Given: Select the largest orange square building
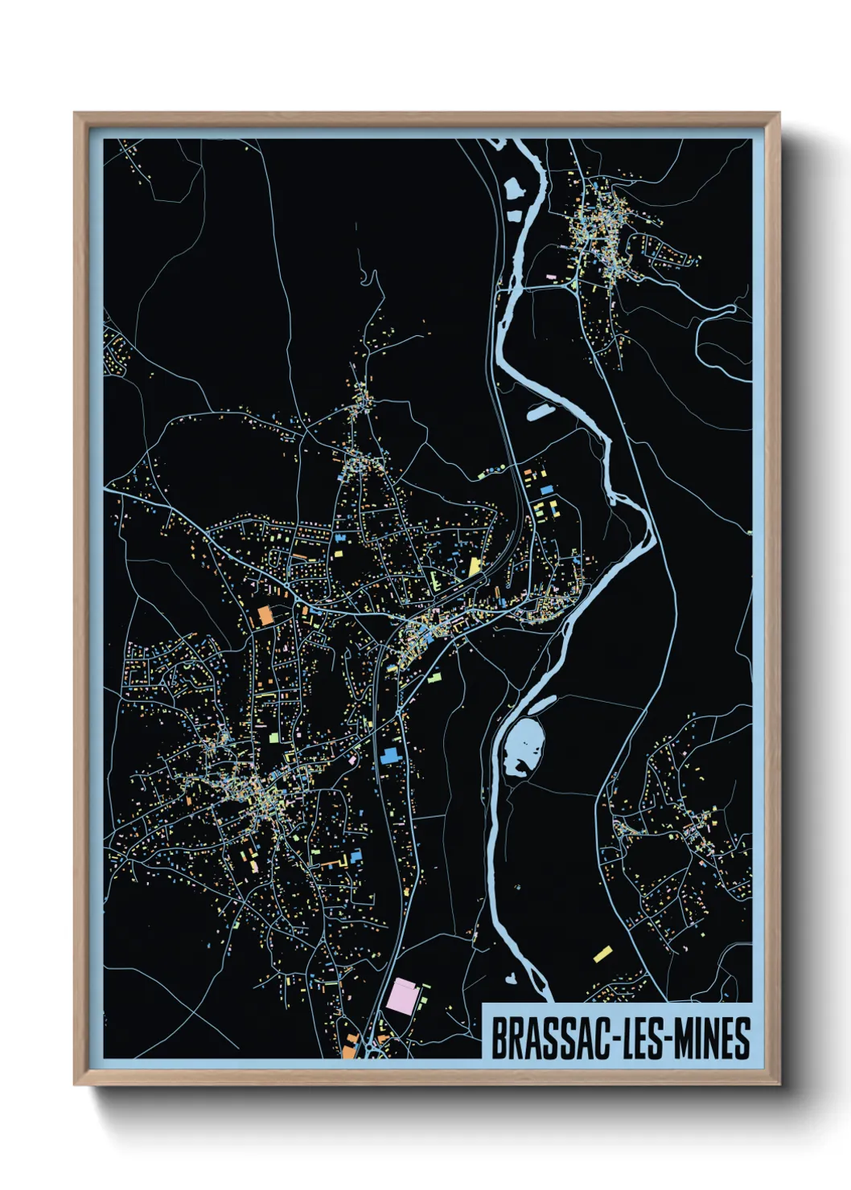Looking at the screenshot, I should click(x=264, y=617).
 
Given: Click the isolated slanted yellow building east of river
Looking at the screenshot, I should click(x=602, y=954).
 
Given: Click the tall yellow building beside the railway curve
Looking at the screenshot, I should click(x=474, y=566).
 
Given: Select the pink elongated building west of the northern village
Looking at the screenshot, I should click(x=552, y=277).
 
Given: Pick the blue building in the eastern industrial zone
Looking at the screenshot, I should click(x=547, y=489).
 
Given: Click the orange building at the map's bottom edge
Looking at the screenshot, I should click(x=349, y=1048).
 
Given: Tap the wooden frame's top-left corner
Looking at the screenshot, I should click(x=76, y=114).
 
